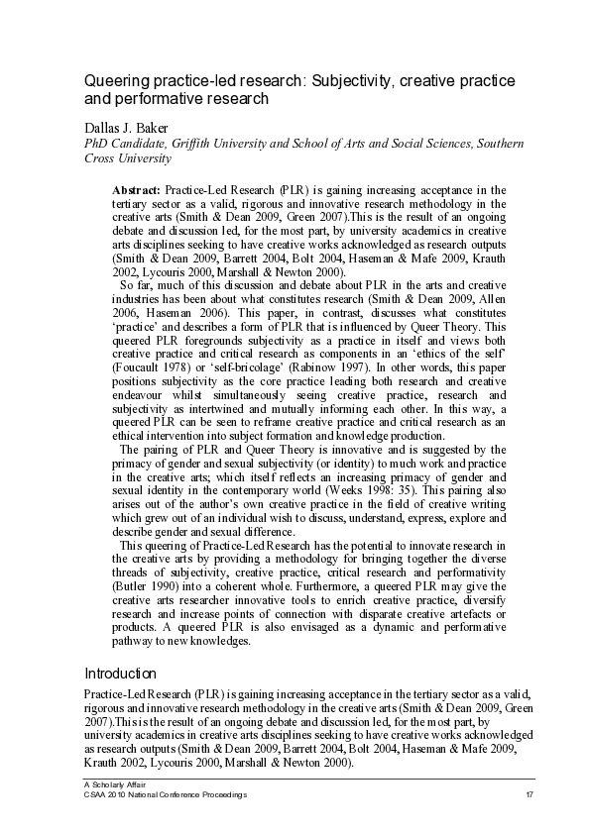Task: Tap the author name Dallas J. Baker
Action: click(131, 127)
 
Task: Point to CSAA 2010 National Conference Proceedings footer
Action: click(165, 795)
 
